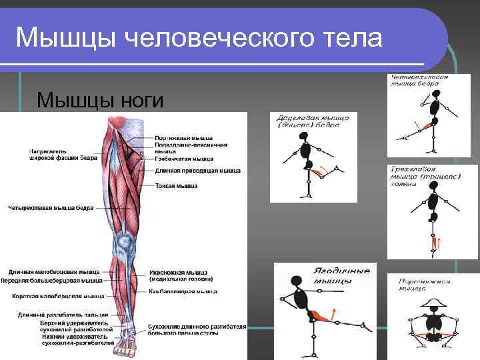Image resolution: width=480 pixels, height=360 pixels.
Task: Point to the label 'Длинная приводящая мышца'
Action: click(x=198, y=171)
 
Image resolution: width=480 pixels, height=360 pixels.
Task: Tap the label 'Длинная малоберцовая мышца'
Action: click(x=53, y=272)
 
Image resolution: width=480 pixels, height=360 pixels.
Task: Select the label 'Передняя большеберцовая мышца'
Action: click(x=51, y=281)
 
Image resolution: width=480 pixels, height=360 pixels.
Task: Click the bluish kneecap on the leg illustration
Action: click(x=123, y=241)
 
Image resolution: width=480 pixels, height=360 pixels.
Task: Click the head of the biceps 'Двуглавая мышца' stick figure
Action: click(x=305, y=137)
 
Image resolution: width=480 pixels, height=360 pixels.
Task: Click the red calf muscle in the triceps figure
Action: click(x=437, y=245)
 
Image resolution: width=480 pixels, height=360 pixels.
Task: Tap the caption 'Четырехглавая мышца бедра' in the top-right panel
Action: click(x=419, y=81)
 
